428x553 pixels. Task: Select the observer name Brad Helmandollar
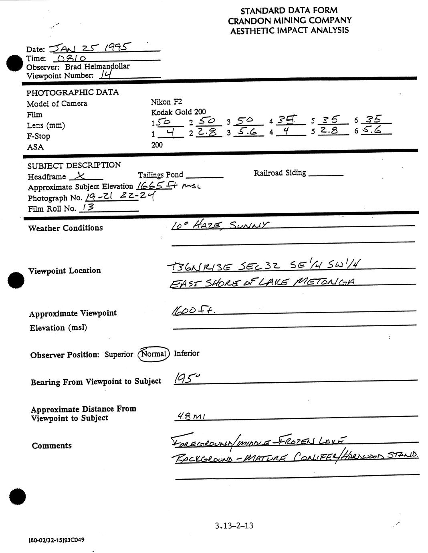point(97,67)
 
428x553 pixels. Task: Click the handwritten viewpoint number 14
point(106,75)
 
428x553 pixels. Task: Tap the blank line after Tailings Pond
point(204,176)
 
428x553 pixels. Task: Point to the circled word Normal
point(153,354)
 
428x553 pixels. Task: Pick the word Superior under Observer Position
point(119,354)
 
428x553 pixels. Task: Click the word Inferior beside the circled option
point(186,353)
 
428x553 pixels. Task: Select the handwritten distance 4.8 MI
point(191,417)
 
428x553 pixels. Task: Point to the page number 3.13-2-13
point(234,525)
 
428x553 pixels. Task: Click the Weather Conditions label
point(65,228)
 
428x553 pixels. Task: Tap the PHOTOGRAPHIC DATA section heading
point(73,92)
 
